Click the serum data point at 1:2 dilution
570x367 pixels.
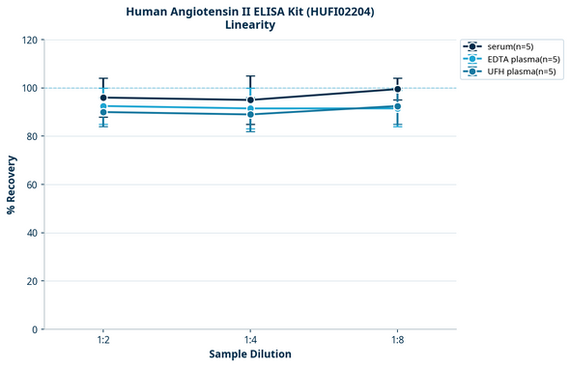[103, 98]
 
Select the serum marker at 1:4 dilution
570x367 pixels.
[250, 99]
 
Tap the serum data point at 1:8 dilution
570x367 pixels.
[398, 89]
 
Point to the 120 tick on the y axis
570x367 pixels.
[31, 40]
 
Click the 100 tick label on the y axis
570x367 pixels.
[31, 88]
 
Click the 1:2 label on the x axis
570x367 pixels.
[103, 341]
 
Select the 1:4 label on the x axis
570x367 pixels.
[250, 341]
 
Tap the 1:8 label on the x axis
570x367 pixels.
[398, 341]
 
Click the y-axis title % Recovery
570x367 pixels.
[12, 184]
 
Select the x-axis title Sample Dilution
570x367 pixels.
[250, 354]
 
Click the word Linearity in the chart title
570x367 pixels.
[250, 25]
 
